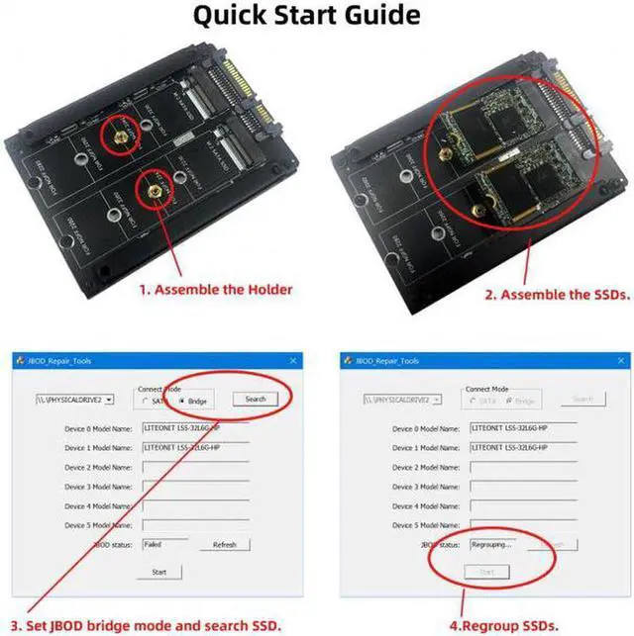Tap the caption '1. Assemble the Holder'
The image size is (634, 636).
coord(215,290)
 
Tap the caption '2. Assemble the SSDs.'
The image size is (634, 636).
coord(558,295)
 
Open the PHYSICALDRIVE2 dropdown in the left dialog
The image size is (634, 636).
coord(108,400)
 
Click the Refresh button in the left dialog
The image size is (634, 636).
coord(224,544)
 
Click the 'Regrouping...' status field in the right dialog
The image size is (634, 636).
coord(494,544)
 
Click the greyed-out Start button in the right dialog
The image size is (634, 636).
coord(485,572)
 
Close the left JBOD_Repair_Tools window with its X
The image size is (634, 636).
coord(293,361)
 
